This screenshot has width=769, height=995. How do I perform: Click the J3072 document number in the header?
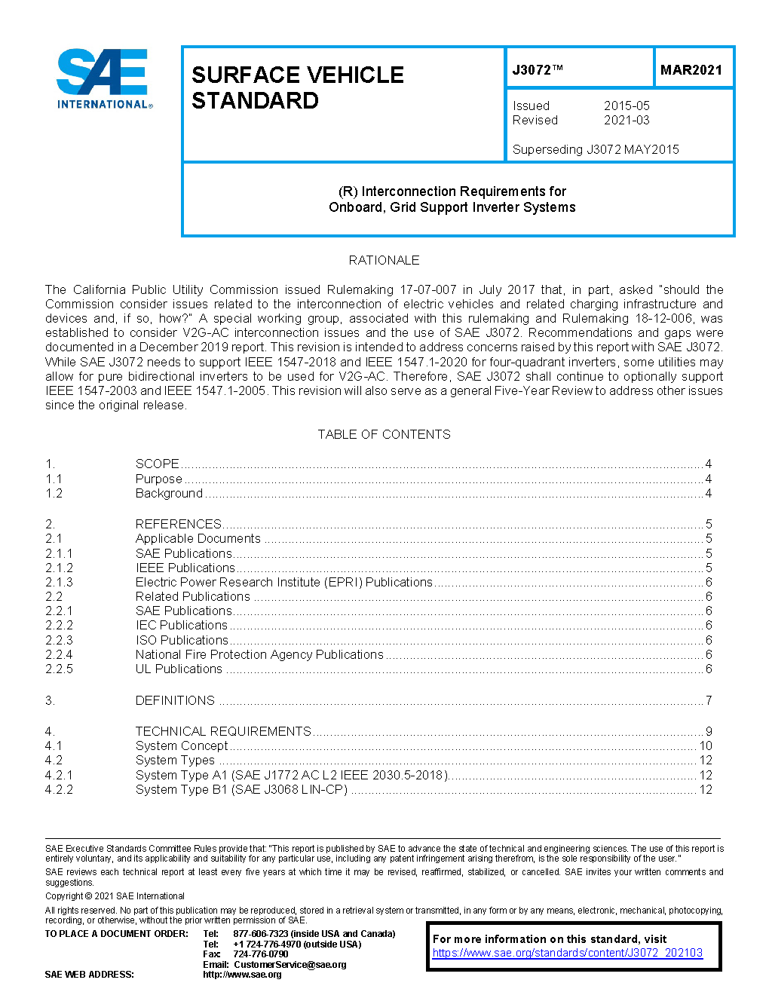tap(537, 70)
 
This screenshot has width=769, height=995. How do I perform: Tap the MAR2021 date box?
tap(691, 70)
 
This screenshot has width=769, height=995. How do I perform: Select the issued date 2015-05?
tap(627, 106)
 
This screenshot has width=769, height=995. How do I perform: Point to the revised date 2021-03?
tap(627, 120)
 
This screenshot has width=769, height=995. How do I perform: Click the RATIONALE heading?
tap(384, 260)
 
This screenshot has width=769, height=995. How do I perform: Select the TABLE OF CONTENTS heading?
tap(384, 434)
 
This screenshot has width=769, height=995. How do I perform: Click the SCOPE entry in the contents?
tap(158, 464)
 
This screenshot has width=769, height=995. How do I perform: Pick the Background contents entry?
tap(169, 493)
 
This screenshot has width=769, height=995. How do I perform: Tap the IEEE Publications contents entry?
tap(185, 568)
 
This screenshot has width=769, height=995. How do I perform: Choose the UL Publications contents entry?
tap(179, 669)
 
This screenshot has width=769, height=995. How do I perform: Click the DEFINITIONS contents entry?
tap(175, 700)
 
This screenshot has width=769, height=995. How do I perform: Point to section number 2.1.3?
tap(59, 582)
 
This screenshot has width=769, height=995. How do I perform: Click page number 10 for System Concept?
tap(706, 745)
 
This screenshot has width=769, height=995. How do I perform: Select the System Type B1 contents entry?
tap(241, 789)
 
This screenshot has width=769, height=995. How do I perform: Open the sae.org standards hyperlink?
tap(567, 953)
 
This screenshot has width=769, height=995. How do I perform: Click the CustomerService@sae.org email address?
tap(290, 964)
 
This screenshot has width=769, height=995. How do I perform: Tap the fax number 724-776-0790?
tap(261, 954)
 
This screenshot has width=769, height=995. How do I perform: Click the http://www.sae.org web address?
tap(242, 974)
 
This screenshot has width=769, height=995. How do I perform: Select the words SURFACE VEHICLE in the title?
tap(298, 75)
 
